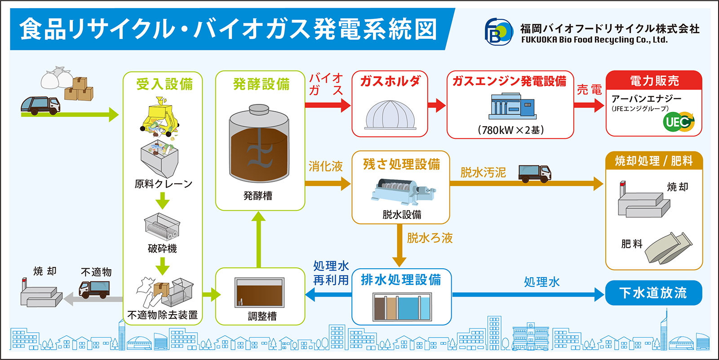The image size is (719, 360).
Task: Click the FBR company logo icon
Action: (498, 32)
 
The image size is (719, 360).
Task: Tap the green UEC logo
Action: (679, 122)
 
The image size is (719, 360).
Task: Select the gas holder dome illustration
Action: (390, 115)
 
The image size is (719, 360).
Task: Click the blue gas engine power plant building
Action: (512, 106)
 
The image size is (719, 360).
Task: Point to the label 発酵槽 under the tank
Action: (258, 195)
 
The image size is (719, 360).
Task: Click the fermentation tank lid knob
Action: (259, 109)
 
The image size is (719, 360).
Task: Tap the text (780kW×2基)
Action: (510, 130)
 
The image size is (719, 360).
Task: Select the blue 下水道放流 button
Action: (653, 293)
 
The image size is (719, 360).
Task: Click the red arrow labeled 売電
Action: (589, 105)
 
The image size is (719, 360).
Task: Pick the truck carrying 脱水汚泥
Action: (535, 174)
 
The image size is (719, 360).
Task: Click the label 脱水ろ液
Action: (430, 238)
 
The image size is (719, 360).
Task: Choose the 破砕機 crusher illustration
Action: (162, 227)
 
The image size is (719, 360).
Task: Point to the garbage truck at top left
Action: (40, 105)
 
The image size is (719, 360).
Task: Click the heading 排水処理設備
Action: (401, 280)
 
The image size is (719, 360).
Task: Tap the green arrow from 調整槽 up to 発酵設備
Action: (258, 240)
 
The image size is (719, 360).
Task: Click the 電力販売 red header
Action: (654, 80)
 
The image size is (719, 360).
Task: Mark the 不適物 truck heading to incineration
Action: (94, 290)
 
